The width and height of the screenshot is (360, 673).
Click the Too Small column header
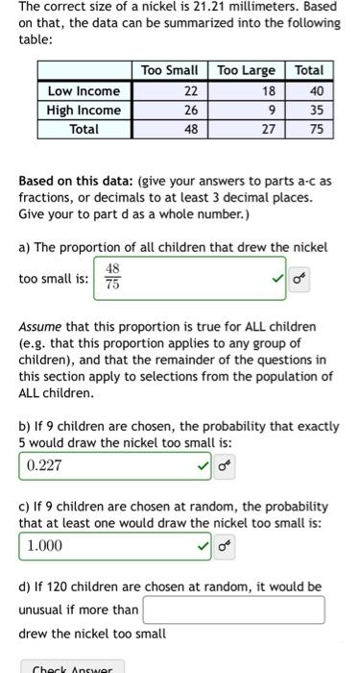pyautogui.click(x=169, y=70)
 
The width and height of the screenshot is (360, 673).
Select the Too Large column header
pyautogui.click(x=246, y=70)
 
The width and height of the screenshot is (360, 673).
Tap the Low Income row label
pyautogui.click(x=84, y=90)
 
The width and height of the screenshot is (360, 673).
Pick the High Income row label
pyautogui.click(x=84, y=110)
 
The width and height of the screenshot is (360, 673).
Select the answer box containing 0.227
pyautogui.click(x=106, y=466)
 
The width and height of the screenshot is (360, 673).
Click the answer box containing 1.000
pyautogui.click(x=106, y=545)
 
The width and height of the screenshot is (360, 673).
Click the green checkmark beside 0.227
pyautogui.click(x=203, y=466)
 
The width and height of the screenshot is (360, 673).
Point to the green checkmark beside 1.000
pyautogui.click(x=203, y=545)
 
